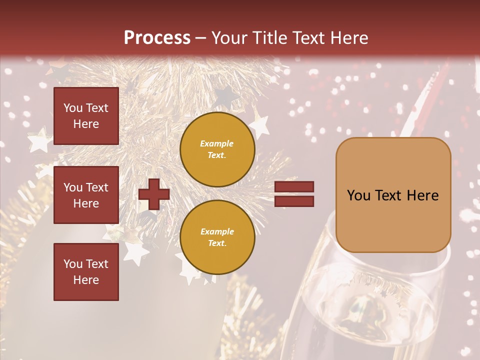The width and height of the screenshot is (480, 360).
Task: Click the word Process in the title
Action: (157, 38)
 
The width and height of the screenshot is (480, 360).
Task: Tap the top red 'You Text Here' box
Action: (86, 116)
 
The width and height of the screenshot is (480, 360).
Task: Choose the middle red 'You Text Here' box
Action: (86, 195)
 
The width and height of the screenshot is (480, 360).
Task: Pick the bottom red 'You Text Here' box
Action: (86, 272)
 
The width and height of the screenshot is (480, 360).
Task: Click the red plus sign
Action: (154, 194)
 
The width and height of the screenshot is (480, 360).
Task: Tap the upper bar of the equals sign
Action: (294, 187)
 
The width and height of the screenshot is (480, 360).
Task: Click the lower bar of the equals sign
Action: (294, 201)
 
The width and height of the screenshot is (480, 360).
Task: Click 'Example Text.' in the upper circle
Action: (217, 149)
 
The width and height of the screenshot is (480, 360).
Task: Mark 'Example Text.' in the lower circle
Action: (217, 237)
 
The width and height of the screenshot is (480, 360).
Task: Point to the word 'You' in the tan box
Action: (359, 195)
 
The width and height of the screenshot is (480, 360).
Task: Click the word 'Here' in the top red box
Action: (86, 124)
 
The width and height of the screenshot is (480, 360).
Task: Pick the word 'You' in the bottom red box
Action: (73, 264)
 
